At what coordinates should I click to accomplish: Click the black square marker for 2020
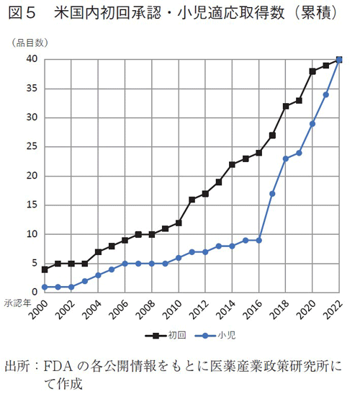click(x=312, y=71)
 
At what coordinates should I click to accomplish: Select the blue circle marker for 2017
click(x=272, y=193)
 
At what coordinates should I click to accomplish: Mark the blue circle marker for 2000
click(x=45, y=287)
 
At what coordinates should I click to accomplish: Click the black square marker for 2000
click(x=45, y=269)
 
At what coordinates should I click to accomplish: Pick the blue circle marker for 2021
click(x=326, y=94)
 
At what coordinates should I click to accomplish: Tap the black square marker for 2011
click(x=192, y=200)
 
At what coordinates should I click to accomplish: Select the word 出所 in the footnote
click(x=19, y=365)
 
